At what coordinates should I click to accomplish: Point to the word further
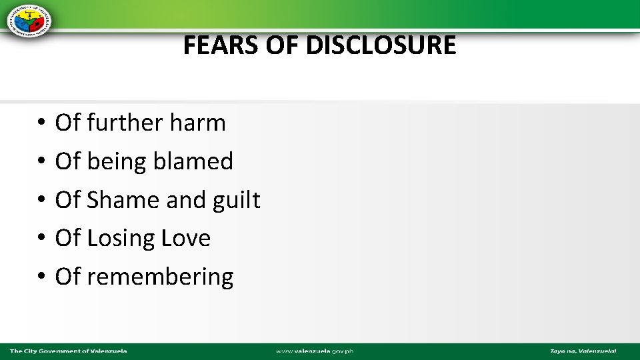coord(125,123)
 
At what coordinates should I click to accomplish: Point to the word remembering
coord(160,277)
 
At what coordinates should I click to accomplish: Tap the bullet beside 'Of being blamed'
coord(41,162)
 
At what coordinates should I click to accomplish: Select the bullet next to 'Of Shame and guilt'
coord(41,201)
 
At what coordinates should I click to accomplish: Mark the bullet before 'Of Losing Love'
coord(41,239)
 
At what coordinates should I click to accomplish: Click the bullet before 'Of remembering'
coord(41,277)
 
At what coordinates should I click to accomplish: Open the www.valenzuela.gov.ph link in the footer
coord(315,351)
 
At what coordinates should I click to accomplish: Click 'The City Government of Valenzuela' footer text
coord(68,351)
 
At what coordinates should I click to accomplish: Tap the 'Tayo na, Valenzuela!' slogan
coord(583,351)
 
